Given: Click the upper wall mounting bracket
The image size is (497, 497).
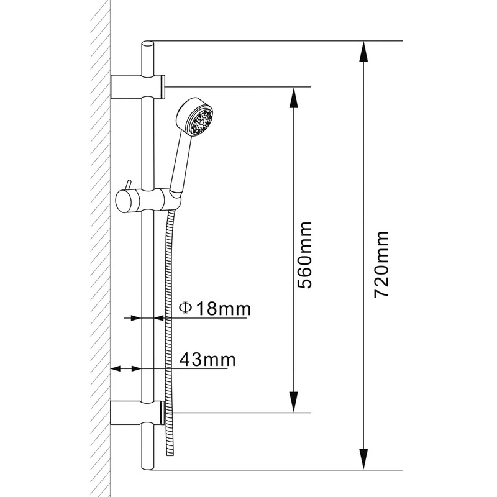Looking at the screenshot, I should [x=138, y=86].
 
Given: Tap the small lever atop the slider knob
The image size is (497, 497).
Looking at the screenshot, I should [x=126, y=185].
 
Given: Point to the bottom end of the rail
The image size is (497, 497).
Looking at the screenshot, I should [x=148, y=466].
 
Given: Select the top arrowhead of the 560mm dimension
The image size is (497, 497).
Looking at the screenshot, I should [x=293, y=94].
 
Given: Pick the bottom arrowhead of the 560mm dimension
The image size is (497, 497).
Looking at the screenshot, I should [x=293, y=404].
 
